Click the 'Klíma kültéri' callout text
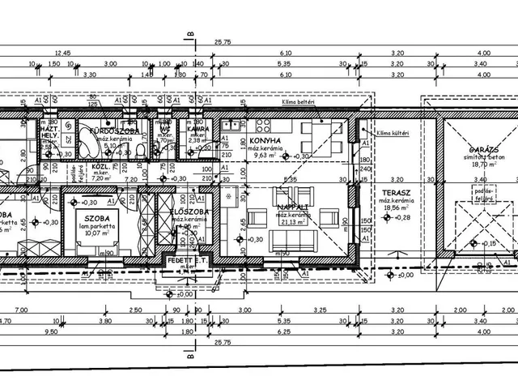click(x=394, y=132)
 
